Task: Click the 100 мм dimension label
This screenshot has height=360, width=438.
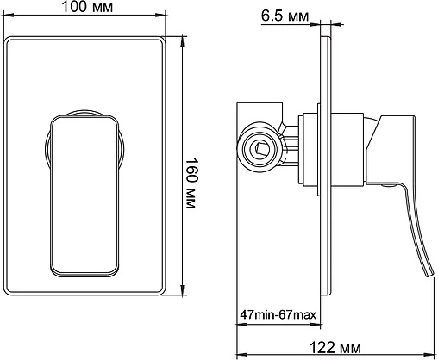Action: [x=87, y=7]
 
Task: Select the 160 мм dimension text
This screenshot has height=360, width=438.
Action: [x=191, y=183]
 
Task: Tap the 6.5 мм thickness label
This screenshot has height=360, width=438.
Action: [x=285, y=16]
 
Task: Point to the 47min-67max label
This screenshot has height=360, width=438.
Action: [x=278, y=314]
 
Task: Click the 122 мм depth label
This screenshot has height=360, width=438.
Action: [x=335, y=348]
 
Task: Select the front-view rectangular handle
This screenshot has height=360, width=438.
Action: [x=84, y=196]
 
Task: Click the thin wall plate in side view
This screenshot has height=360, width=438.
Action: [x=325, y=165]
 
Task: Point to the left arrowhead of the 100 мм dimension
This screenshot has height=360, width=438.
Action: [x=7, y=15]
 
